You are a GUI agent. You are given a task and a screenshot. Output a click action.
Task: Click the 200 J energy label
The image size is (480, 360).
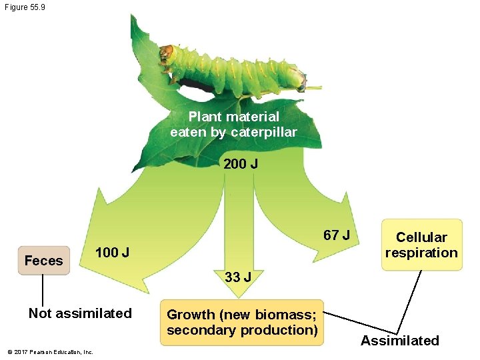pos(241,163)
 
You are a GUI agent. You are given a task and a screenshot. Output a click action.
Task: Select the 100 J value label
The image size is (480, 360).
pos(113,253)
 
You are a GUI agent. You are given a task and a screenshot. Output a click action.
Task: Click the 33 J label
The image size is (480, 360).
pos(237,277)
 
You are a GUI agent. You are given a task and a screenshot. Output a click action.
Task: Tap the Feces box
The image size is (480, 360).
pos(44,261)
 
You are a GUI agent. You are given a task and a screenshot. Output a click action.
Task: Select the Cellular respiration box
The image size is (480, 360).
pos(421,245)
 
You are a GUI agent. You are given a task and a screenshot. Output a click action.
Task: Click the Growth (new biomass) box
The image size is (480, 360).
pos(241,322)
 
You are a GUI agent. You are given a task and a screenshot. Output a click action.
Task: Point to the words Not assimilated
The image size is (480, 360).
pos(80,313)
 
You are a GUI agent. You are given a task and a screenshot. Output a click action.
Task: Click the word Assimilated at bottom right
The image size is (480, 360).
pos(399,341)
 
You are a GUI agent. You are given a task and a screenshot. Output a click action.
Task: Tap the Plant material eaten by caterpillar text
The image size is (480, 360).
pos(233,124)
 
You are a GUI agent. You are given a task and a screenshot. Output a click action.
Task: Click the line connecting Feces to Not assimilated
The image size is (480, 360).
pos(43,290)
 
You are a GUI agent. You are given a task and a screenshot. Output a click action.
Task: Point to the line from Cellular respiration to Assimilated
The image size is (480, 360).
pos(411,301)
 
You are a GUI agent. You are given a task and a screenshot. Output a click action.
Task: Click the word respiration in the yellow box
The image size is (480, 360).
pos(421,253)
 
